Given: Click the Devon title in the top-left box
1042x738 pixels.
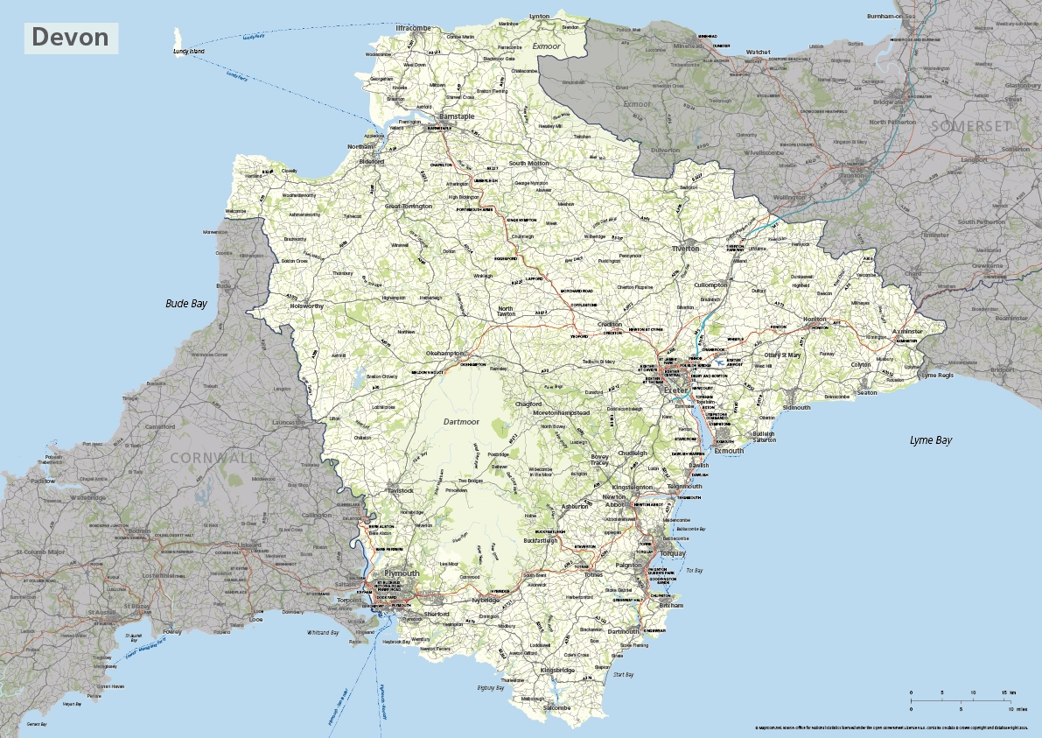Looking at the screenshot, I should pyautogui.click(x=71, y=38).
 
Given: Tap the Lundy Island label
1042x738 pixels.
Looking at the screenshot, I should pyautogui.click(x=188, y=53).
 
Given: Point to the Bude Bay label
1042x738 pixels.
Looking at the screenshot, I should pyautogui.click(x=186, y=304).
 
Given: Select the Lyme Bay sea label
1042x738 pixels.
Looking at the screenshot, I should pyautogui.click(x=930, y=440).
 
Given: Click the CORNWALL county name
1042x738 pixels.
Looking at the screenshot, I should pyautogui.click(x=214, y=458).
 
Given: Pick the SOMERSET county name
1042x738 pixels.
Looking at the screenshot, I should pyautogui.click(x=969, y=126).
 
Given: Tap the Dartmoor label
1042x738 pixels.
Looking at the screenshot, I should pyautogui.click(x=463, y=421).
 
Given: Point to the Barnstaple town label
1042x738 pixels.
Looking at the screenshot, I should pyautogui.click(x=457, y=116).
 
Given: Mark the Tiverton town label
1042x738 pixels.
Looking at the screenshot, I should pyautogui.click(x=685, y=249).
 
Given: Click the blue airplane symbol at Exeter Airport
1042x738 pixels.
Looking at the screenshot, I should pyautogui.click(x=720, y=360).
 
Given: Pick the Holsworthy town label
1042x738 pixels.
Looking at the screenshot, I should pyautogui.click(x=307, y=306).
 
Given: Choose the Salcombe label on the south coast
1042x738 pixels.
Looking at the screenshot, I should pyautogui.click(x=556, y=707).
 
